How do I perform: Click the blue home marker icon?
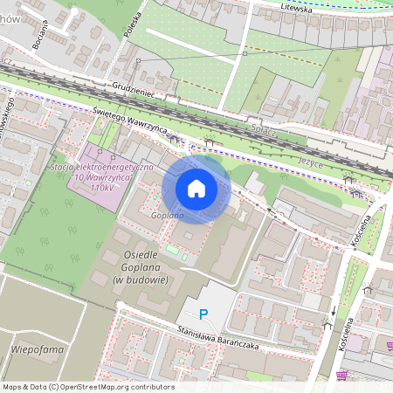click(x=196, y=189)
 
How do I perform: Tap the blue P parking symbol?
click(x=204, y=314)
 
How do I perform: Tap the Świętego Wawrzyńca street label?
click(x=130, y=122)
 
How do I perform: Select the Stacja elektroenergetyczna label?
click(x=102, y=166)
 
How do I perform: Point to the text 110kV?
click(x=103, y=188)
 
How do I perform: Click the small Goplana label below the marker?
click(x=166, y=214)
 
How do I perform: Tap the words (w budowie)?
click(x=140, y=279)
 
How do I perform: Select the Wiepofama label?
click(x=34, y=348)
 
